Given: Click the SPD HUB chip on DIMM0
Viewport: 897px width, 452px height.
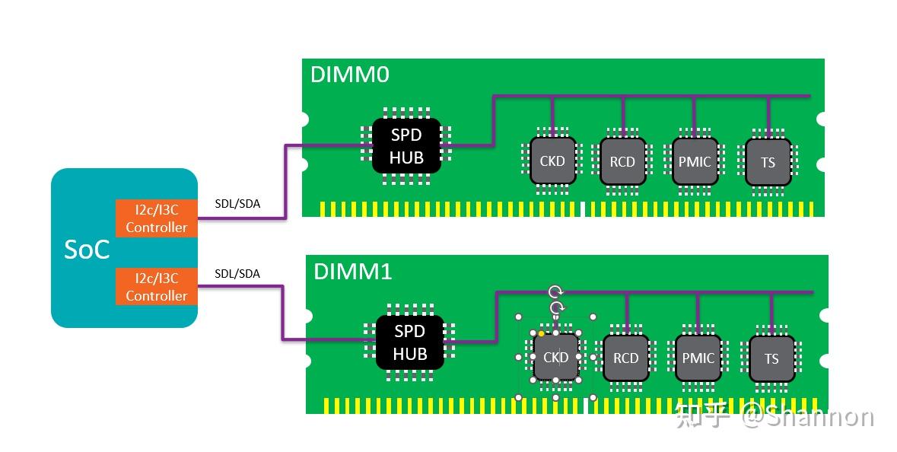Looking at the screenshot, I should pos(406,146).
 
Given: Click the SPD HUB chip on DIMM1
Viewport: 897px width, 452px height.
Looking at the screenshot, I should pos(409,342).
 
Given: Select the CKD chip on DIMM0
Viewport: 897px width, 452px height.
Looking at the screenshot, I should pos(552,161).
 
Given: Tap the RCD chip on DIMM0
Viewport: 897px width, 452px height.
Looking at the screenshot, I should pos(622,161).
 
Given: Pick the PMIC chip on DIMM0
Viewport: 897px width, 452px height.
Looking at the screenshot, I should pos(695,161).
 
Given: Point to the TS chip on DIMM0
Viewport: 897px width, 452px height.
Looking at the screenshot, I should pos(768,162).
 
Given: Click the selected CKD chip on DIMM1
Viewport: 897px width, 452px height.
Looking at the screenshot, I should pos(555,357).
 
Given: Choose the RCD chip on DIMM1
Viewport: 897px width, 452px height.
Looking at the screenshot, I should pos(625,358).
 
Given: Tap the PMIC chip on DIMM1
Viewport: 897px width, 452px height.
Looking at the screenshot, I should pos(698,358).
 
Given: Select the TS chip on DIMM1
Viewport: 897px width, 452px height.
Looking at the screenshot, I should pos(771,358).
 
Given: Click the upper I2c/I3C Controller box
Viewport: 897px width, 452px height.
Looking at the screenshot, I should pos(156,219).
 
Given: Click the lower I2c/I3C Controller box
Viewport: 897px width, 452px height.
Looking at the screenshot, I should pos(156,287).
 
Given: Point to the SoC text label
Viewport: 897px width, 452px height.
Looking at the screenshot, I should pos(86,249).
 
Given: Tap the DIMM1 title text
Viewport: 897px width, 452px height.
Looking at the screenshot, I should pos(352,271).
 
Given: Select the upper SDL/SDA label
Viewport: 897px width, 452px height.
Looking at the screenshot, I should pos(237,205).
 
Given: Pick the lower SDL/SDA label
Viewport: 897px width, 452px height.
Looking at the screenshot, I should pos(237,273).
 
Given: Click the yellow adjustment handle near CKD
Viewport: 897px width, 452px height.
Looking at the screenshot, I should pos(541,333).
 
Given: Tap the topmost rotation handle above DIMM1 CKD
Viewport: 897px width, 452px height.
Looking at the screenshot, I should pos(556,292).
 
